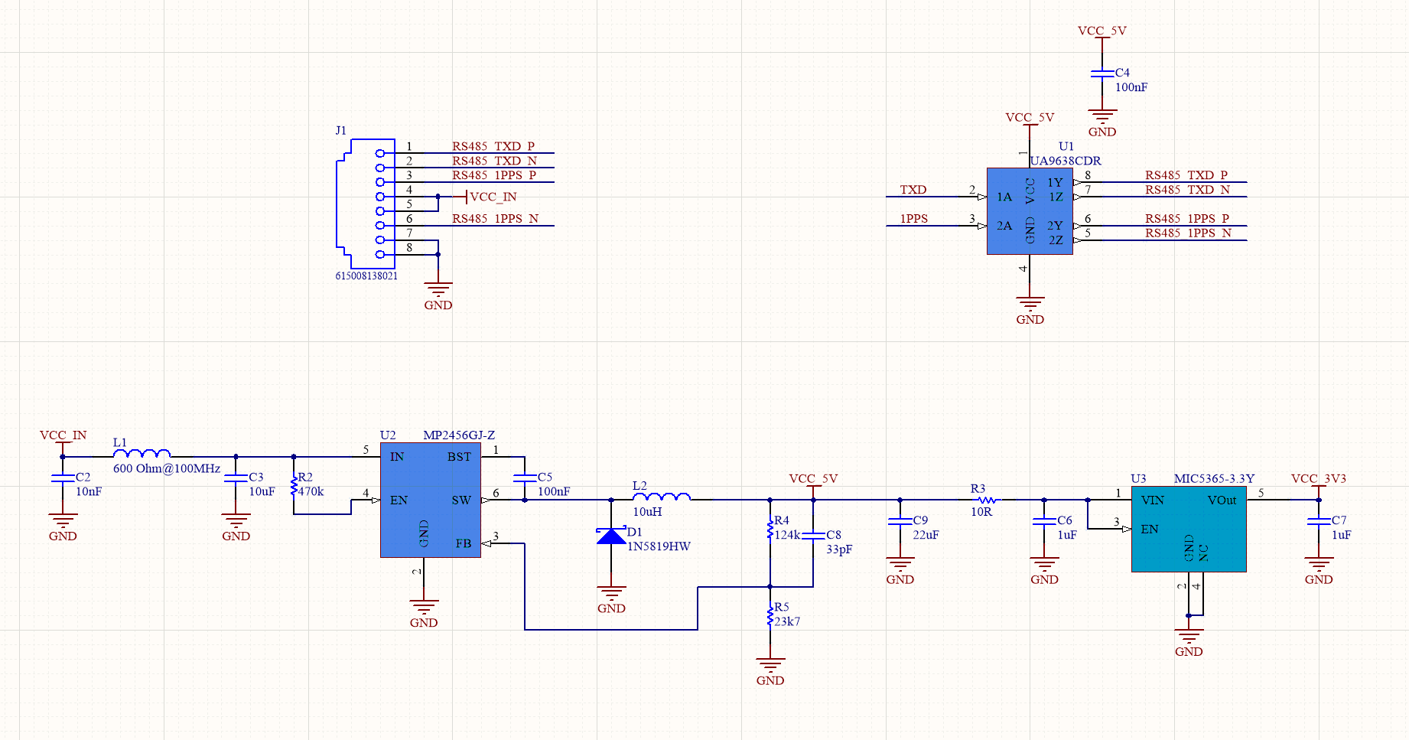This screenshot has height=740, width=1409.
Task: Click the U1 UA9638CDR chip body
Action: tap(1030, 211)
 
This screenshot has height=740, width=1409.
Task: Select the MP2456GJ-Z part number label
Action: tap(459, 435)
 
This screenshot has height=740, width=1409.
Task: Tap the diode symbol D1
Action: tap(611, 535)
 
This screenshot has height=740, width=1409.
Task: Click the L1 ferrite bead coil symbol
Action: tap(142, 453)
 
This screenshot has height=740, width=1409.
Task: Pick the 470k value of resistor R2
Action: tap(311, 491)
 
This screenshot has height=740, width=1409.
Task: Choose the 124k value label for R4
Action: tap(787, 535)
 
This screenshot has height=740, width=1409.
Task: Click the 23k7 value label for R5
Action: tap(787, 621)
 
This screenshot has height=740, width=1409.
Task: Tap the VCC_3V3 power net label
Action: tap(1319, 478)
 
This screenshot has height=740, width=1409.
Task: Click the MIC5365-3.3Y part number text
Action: tap(1215, 478)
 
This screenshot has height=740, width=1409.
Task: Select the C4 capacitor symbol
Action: tap(1102, 73)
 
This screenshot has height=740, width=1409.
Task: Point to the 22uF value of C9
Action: tap(926, 535)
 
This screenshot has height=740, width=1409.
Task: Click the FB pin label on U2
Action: tap(464, 543)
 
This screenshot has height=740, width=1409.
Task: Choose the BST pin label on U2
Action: tap(459, 457)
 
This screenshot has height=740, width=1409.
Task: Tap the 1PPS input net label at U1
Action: tap(914, 218)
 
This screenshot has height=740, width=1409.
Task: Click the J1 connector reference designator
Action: tap(341, 130)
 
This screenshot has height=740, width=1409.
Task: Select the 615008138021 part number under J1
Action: tap(366, 275)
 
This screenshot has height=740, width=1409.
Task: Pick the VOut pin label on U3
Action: tap(1222, 500)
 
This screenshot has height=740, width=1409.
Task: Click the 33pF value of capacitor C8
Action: tap(839, 549)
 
